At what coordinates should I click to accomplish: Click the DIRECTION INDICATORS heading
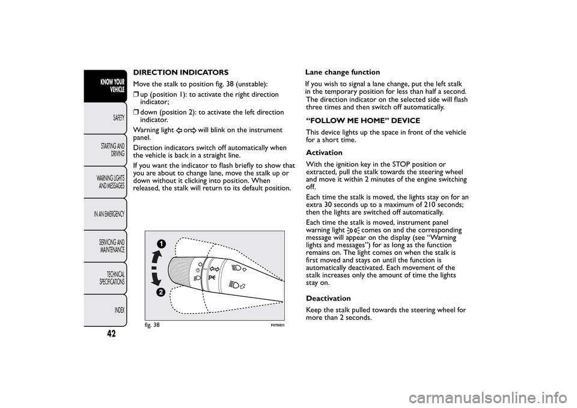point(180,72)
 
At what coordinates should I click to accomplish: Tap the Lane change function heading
point(343,72)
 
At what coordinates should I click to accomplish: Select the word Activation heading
point(324,153)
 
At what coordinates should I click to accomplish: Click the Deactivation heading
point(328,298)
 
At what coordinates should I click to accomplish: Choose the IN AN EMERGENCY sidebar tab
point(109,214)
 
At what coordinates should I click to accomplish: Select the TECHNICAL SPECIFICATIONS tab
point(112,278)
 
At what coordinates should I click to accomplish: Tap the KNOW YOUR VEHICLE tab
point(112,85)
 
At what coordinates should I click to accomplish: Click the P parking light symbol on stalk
point(212,278)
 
